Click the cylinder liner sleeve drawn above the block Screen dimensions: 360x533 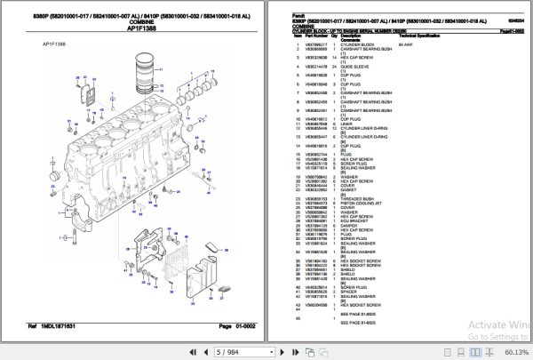coord(143,71)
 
